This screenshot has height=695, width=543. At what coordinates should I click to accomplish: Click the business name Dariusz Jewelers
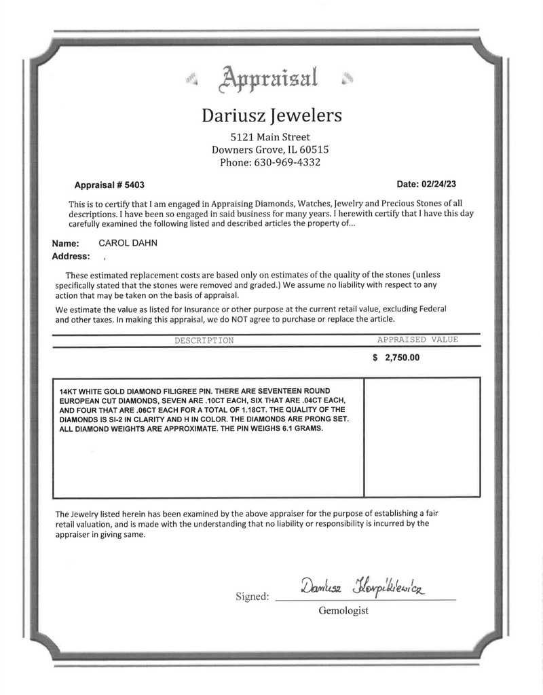click(x=271, y=115)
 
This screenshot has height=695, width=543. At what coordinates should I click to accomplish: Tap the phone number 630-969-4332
click(x=287, y=163)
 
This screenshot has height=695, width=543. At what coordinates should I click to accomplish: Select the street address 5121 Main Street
click(x=271, y=137)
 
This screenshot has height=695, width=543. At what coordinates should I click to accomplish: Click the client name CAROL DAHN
click(x=128, y=244)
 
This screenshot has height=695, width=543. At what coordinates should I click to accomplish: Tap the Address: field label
click(x=71, y=257)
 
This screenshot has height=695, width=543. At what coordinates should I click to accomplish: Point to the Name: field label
click(x=65, y=244)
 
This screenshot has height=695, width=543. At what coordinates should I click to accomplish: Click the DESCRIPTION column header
click(x=204, y=340)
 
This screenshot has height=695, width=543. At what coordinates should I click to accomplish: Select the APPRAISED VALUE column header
click(x=417, y=339)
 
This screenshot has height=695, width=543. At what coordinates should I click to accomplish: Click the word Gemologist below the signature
click(x=343, y=611)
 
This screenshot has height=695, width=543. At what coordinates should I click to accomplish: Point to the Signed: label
click(x=252, y=597)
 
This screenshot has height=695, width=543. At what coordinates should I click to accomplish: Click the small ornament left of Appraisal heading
click(x=192, y=81)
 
